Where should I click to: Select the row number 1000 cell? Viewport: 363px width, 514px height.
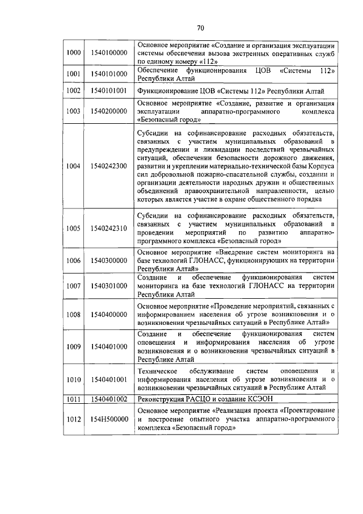(73, 53)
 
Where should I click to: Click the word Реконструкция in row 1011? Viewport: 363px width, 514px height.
(161, 399)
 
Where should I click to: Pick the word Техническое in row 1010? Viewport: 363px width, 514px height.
(160, 371)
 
